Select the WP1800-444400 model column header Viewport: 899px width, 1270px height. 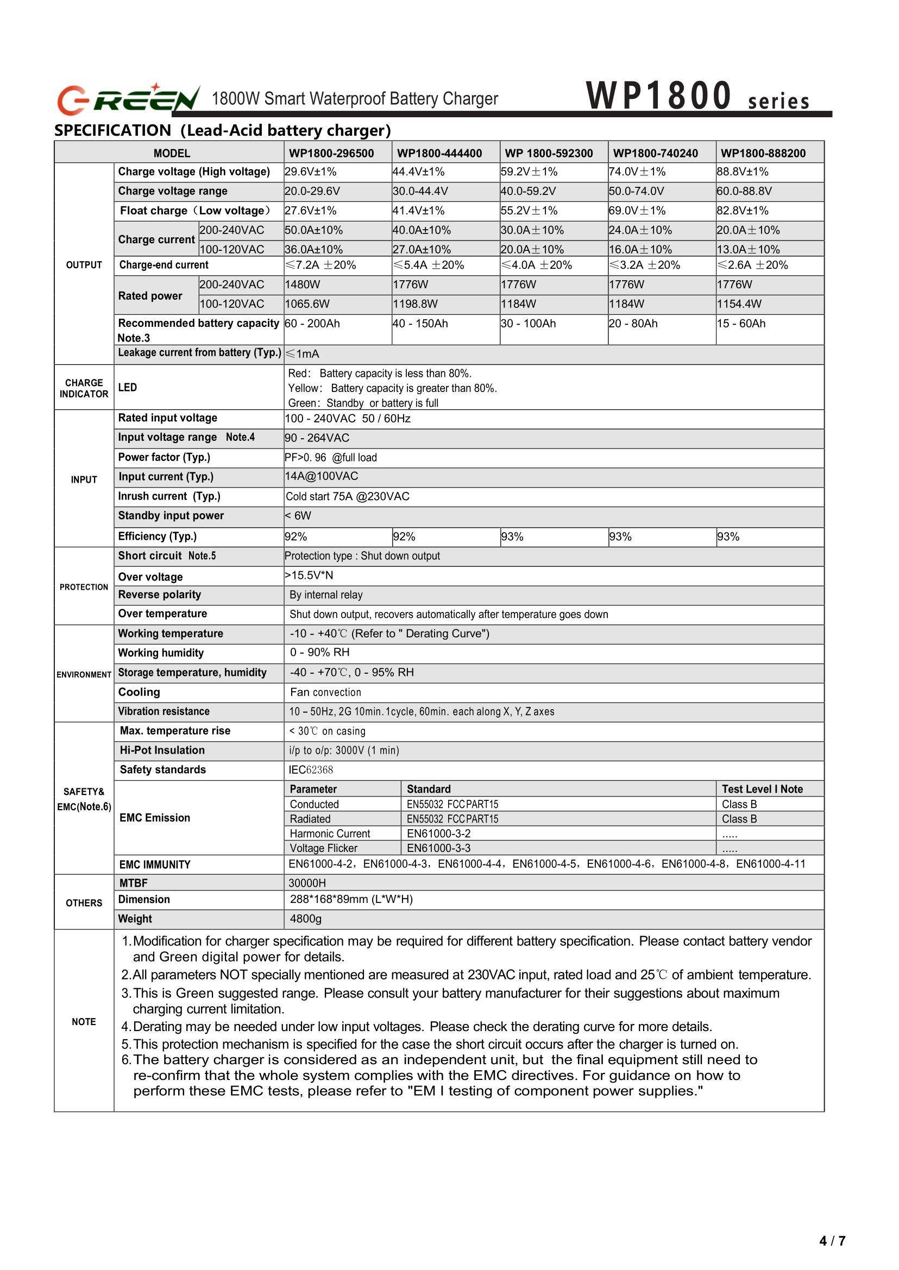pos(439,153)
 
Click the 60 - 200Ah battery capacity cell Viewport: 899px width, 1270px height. pos(312,324)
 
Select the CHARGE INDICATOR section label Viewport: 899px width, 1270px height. pos(84,388)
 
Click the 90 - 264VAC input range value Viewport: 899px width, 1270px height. pos(317,438)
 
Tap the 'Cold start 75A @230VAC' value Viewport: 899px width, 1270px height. pos(347,496)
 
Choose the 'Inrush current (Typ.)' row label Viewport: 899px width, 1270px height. pos(169,496)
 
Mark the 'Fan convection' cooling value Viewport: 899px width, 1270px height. pos(325,692)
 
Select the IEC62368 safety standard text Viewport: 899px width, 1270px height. pos(311,770)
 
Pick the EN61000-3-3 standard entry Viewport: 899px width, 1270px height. pos(438,848)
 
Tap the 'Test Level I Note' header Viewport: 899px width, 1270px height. pos(762,789)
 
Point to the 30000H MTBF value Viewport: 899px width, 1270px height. pos(307,883)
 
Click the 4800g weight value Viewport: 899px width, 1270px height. pos(306,919)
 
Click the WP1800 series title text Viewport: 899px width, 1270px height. pos(697,97)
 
